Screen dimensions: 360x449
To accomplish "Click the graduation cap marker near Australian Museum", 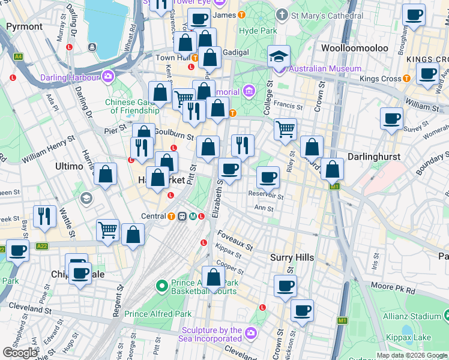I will coord(279,56).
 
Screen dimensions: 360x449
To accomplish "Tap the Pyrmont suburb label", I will coord(24,26).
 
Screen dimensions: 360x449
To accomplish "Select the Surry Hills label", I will coord(292,257).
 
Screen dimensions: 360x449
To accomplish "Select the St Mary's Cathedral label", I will coord(328,15).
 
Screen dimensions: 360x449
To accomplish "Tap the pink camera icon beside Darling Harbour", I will coord(108,76).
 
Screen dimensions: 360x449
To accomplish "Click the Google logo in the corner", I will coord(20,353).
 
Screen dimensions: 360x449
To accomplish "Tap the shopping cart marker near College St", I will coord(285,128).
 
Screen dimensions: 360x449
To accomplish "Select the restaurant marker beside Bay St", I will coord(44,217).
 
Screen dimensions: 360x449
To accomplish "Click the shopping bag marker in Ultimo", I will coord(106,175).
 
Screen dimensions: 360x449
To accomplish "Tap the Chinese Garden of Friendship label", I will coord(132,106).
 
